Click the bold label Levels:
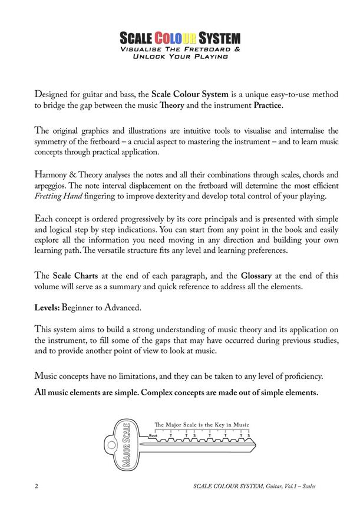[49, 308]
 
